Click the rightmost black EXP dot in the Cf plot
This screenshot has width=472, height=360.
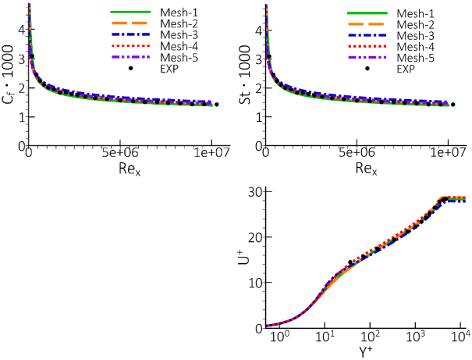(216, 105)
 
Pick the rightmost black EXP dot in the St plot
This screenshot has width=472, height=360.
(452, 105)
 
